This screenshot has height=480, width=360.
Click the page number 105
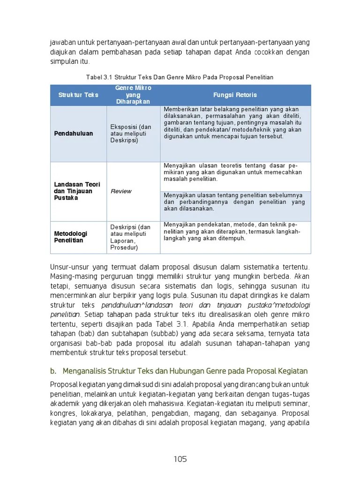coord(180,459)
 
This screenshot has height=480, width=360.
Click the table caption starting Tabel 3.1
coord(180,77)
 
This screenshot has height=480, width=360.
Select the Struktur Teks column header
coord(78,95)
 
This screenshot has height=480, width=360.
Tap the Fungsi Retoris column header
coord(235,95)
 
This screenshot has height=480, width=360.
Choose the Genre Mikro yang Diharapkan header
coord(133,95)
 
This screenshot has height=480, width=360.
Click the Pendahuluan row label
coord(74,134)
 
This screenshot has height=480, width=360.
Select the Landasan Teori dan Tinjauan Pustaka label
coord(77,191)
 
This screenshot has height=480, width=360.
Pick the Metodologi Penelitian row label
coord(71,237)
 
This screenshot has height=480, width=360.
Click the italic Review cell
coord(121,191)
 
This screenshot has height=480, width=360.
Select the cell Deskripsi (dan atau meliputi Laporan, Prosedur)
coord(131,237)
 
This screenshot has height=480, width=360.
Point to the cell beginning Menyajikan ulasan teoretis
coord(233,172)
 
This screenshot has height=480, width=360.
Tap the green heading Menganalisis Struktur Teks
coord(185,371)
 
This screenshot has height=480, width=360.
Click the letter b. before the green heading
coord(53,371)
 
